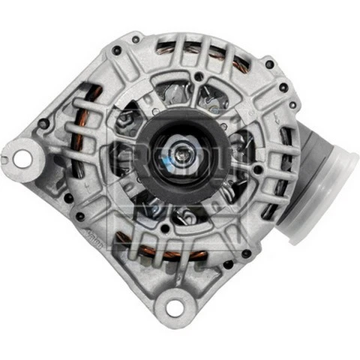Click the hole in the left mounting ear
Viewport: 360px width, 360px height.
[22, 158]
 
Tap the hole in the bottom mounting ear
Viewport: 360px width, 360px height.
[174, 307]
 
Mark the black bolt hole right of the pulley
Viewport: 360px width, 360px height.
[258, 169]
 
